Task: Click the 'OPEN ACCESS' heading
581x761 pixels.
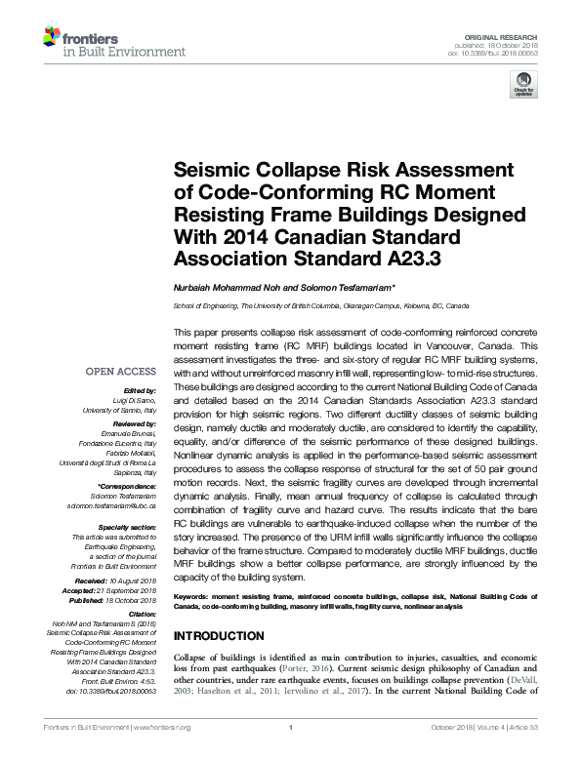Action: (120, 372)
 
